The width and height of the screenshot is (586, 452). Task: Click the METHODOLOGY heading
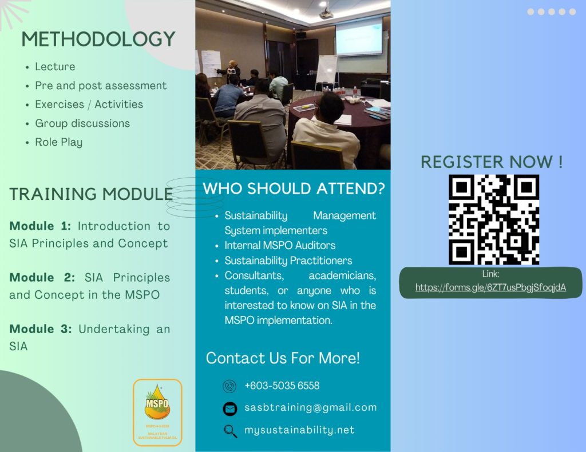click(98, 39)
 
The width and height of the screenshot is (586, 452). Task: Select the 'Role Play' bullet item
click(58, 142)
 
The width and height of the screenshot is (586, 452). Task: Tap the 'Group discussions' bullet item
click(82, 123)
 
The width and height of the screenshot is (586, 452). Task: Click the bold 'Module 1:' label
click(40, 226)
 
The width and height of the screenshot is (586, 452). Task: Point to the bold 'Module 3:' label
click(40, 329)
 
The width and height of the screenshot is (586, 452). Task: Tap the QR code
click(493, 219)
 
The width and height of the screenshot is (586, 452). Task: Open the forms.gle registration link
click(490, 287)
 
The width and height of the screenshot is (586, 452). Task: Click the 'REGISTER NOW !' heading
click(492, 162)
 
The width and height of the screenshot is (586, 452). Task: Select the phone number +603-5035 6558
click(282, 386)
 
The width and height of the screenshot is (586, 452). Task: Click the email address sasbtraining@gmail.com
click(310, 407)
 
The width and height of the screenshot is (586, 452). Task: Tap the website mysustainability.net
click(299, 430)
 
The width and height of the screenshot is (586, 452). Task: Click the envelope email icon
click(229, 409)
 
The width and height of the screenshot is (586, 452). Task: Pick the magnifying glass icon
click(230, 431)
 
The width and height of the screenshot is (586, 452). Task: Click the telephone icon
click(229, 386)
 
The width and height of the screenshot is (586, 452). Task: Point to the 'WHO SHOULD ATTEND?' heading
click(294, 189)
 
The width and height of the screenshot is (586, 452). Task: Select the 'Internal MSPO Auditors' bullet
click(280, 246)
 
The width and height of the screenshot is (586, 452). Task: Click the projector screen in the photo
click(359, 36)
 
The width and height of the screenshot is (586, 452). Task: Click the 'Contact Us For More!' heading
click(283, 358)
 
